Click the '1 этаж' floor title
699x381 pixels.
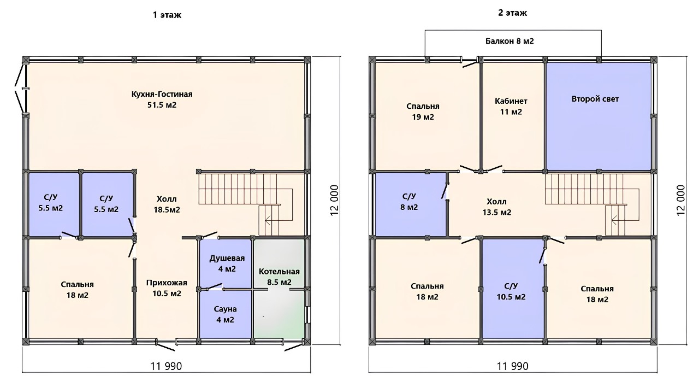point(167,15)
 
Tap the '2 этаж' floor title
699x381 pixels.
point(512,13)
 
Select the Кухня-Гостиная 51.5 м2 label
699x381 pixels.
point(162,99)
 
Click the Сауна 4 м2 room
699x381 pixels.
point(226,314)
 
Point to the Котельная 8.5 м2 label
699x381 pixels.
point(279,277)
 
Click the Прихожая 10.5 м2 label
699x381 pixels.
point(167,288)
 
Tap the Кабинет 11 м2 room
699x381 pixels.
point(511,106)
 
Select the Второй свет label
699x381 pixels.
point(595,99)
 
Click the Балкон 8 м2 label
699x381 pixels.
point(510,41)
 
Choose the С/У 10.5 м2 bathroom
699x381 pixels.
point(511,291)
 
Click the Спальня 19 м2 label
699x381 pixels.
point(423,112)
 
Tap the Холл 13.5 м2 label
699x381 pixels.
point(497,207)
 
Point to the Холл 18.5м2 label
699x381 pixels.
point(167,204)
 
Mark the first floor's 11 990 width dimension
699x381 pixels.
point(167,366)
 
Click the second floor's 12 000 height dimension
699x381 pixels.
point(680,200)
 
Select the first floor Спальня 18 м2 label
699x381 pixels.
point(78,290)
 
